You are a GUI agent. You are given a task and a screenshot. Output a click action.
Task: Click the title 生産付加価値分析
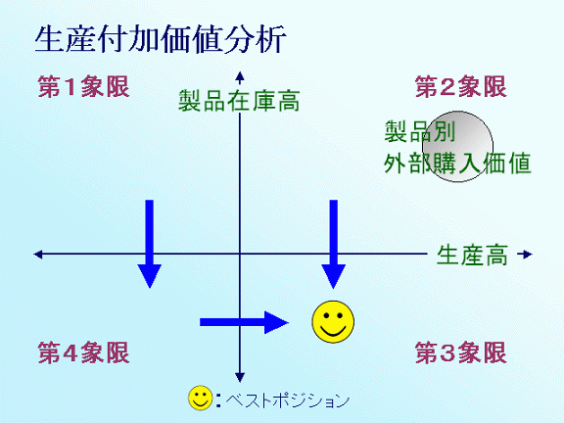(x=161, y=39)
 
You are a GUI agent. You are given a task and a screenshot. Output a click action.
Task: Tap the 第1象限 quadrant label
(x=83, y=87)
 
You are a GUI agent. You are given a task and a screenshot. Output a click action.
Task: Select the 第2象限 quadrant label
(x=461, y=87)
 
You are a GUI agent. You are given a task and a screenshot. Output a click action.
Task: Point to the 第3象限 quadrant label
(x=461, y=352)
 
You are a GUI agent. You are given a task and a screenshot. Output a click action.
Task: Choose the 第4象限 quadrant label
(x=83, y=352)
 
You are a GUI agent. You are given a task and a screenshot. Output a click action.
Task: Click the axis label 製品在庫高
(x=239, y=101)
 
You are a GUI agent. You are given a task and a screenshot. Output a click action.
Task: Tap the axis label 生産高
(x=472, y=255)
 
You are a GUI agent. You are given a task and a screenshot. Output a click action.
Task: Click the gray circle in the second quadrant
(x=457, y=147)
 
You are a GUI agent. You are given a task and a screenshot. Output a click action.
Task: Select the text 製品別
(x=420, y=131)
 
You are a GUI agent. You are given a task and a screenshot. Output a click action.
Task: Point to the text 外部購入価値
(x=457, y=163)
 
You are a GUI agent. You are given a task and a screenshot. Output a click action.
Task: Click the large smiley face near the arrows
(x=333, y=321)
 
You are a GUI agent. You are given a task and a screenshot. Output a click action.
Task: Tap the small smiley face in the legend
(x=201, y=399)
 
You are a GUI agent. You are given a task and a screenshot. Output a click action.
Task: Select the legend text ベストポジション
(x=288, y=399)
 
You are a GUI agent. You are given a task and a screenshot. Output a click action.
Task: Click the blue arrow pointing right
(x=244, y=322)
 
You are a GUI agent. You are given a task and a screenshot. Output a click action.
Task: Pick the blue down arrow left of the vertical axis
(x=149, y=244)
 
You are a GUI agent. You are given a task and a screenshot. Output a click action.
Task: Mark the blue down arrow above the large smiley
(x=334, y=244)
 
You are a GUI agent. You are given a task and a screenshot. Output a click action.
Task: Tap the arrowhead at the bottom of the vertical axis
(x=240, y=377)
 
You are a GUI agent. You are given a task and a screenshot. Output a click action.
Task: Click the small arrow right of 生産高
(x=525, y=255)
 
